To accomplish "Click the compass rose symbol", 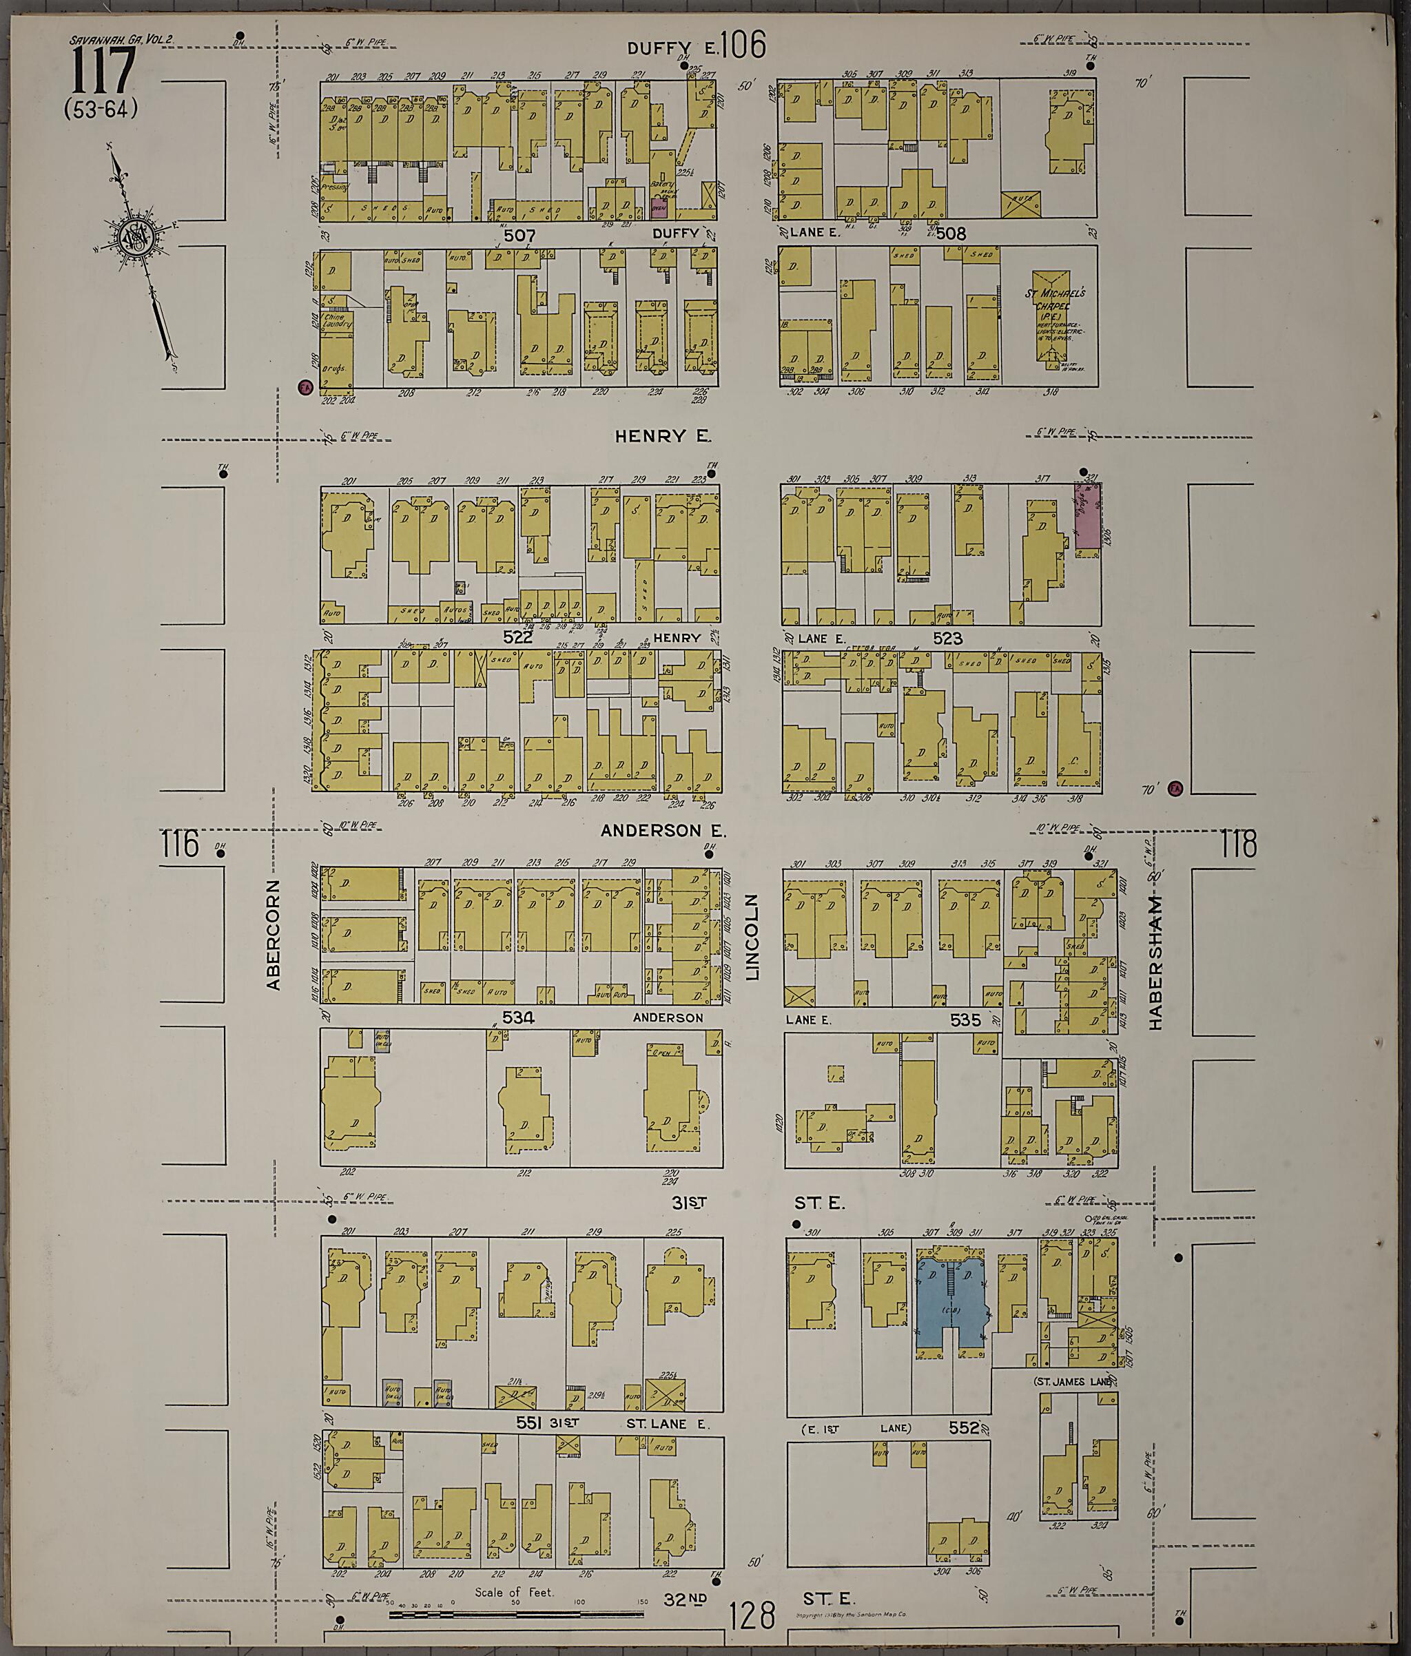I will [x=131, y=238].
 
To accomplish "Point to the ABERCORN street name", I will [x=274, y=935].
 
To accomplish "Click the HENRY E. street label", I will [x=663, y=436].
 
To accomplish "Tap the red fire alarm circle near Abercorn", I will [x=304, y=388].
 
